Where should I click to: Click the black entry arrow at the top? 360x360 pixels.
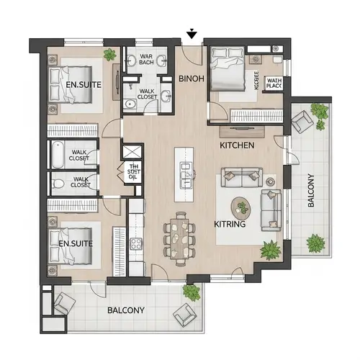point(192,33)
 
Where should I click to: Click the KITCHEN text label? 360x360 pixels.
point(237,145)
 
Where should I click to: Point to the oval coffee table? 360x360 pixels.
point(243,209)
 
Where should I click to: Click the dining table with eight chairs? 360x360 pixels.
point(181,235)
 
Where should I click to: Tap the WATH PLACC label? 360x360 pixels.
point(274,84)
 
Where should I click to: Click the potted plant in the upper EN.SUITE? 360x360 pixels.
point(110,55)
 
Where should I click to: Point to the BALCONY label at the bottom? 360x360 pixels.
point(126,310)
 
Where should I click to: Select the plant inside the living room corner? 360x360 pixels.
point(271,250)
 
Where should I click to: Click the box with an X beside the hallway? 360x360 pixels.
point(133,153)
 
